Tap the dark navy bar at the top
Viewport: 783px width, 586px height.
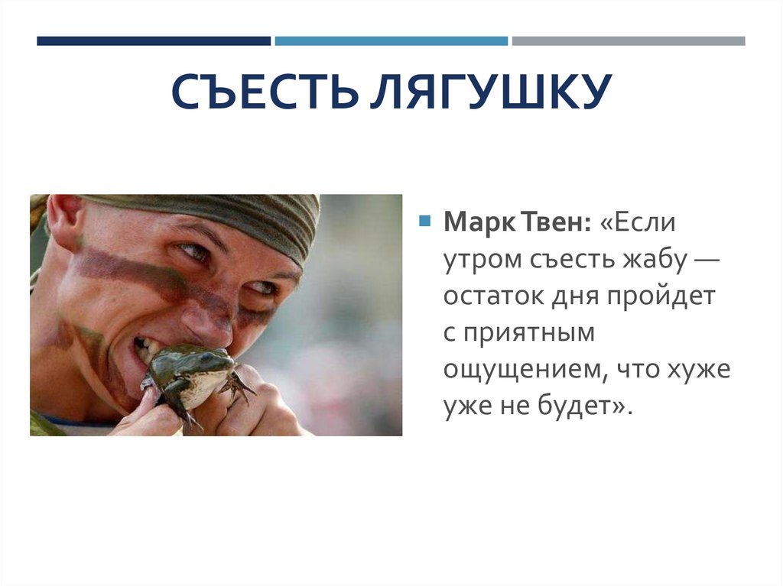tap(153, 41)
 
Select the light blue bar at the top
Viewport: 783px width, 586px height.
tap(391, 41)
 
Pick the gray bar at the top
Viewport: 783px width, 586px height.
tap(628, 41)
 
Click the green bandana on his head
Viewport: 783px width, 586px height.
tap(229, 218)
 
